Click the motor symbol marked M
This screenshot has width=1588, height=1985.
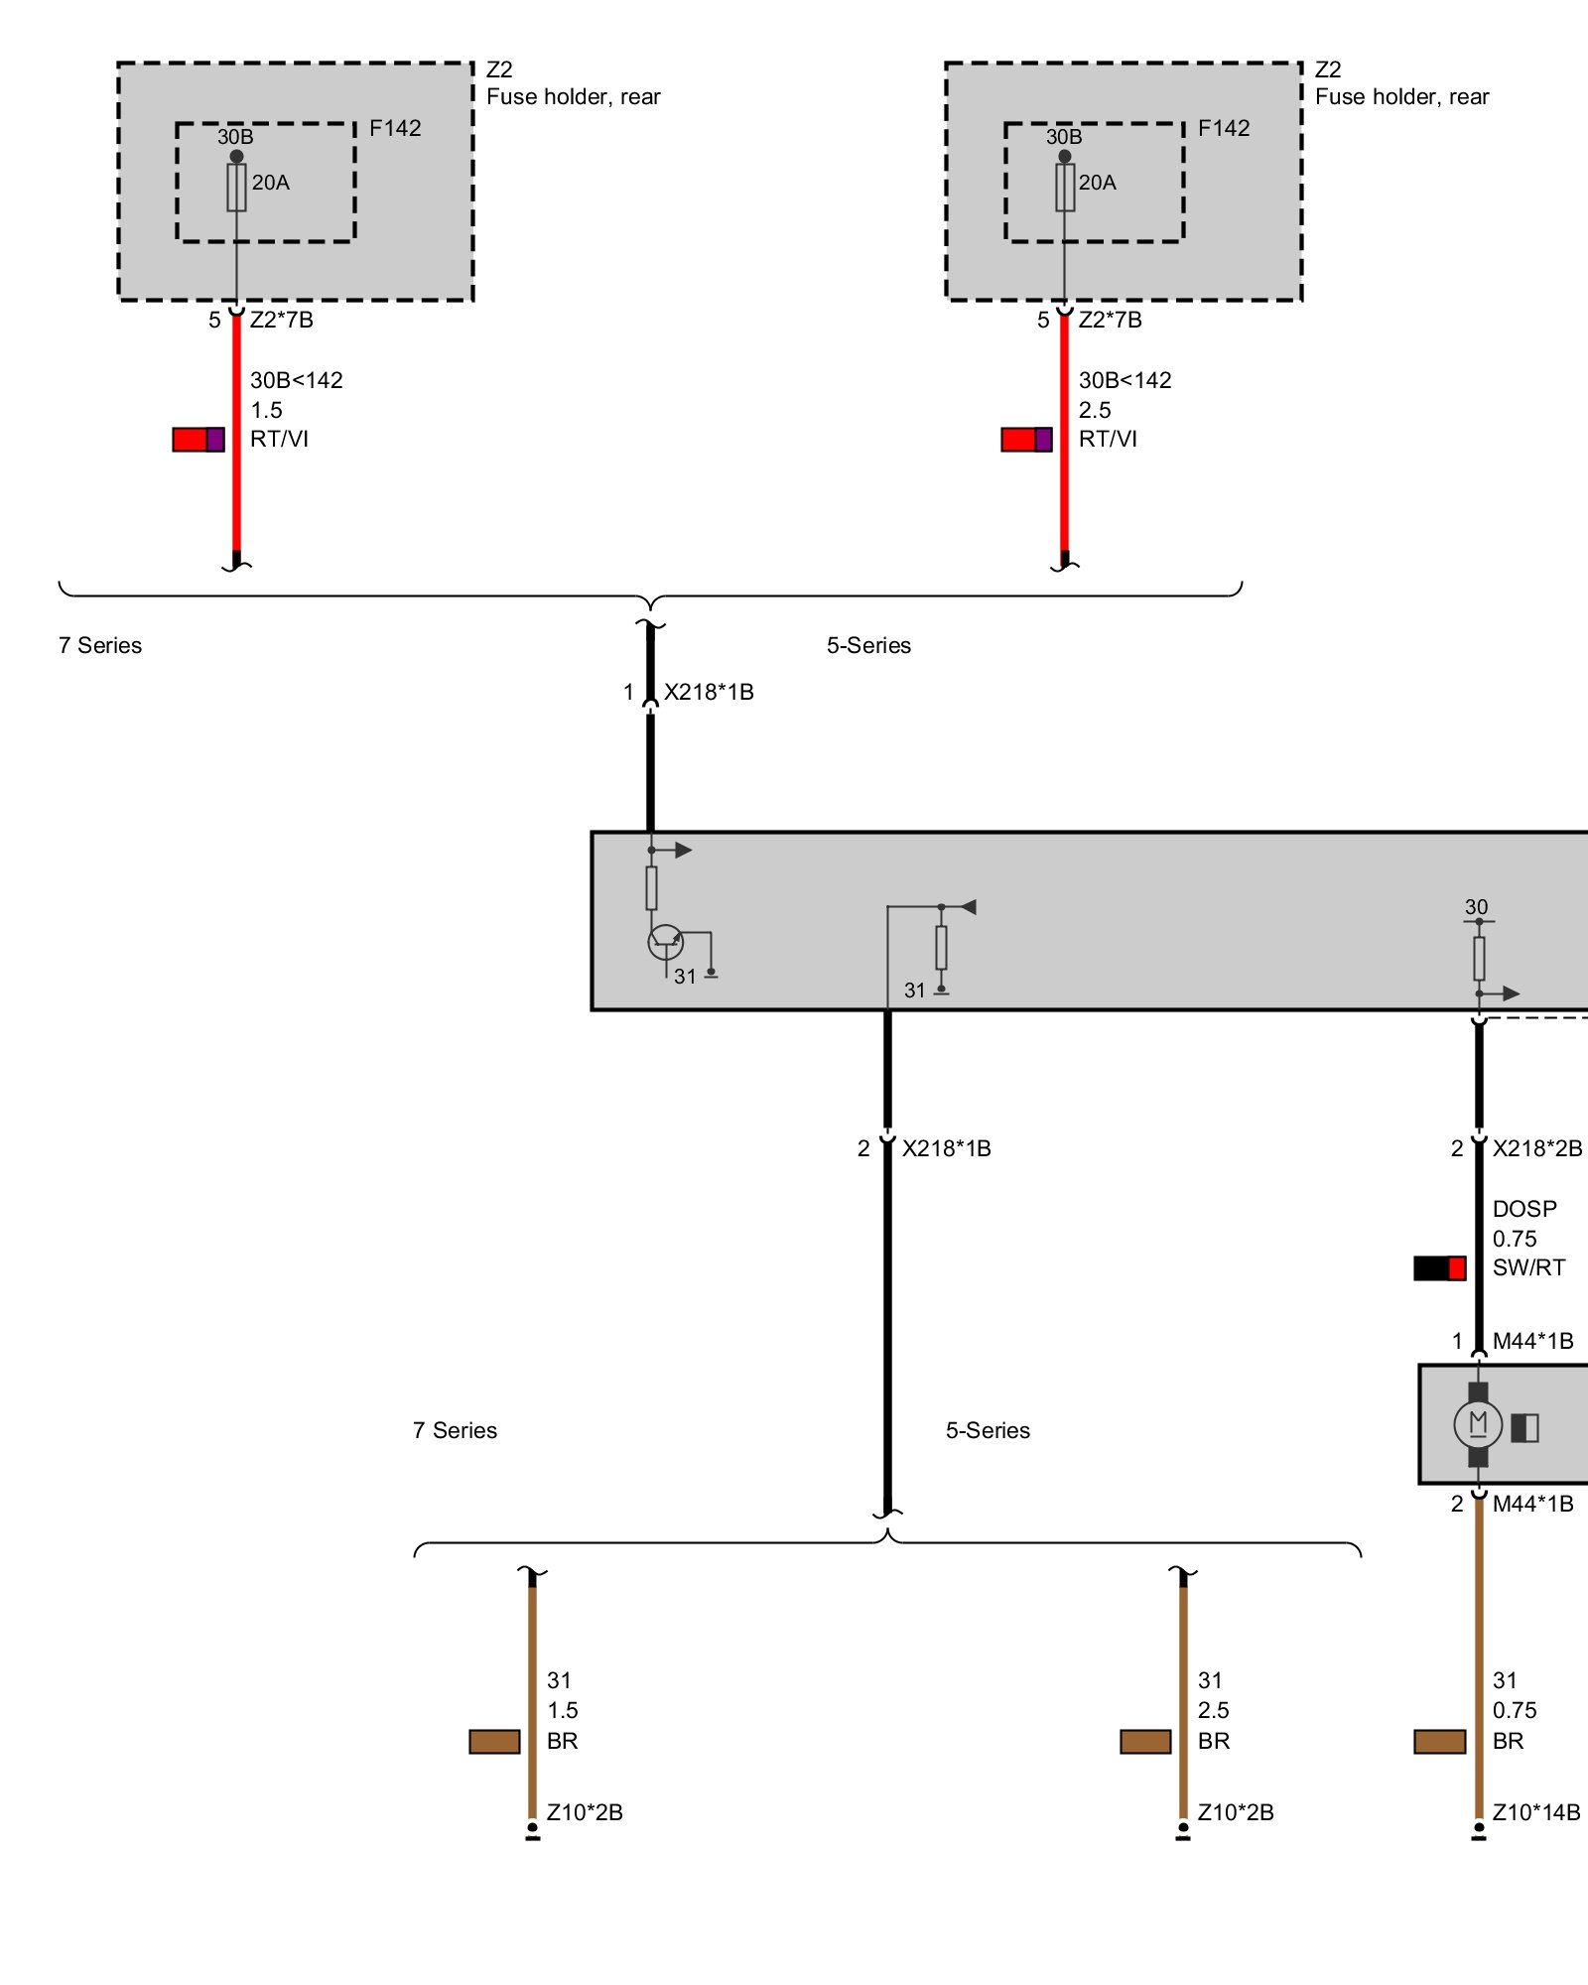[x=1478, y=1424]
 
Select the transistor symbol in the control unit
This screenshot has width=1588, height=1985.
[x=665, y=942]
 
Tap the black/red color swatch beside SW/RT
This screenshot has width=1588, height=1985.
[x=1440, y=1267]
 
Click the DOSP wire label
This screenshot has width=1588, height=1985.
[x=1524, y=1209]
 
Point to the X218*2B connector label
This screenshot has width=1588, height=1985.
[x=1537, y=1148]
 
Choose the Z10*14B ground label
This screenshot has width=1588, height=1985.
[x=1536, y=1812]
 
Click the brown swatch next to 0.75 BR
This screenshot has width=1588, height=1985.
[x=1440, y=1741]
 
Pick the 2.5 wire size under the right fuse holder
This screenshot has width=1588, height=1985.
[x=1095, y=410]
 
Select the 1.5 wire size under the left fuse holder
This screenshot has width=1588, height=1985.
[x=266, y=410]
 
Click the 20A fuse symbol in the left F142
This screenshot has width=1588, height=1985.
[x=236, y=187]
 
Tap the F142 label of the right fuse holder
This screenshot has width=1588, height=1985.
[x=1224, y=128]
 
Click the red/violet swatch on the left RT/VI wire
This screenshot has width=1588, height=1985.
[x=198, y=440]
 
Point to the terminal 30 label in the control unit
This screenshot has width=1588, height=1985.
[x=1477, y=907]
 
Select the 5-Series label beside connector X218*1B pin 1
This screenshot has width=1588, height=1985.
[x=868, y=645]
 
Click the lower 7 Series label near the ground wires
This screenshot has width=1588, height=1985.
[x=455, y=1430]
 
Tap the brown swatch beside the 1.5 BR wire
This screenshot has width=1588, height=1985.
[x=494, y=1741]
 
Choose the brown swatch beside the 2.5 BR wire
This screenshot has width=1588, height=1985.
[x=1145, y=1741]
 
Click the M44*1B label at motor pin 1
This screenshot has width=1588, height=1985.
[x=1533, y=1341]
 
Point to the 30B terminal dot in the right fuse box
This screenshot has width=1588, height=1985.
[x=1065, y=157]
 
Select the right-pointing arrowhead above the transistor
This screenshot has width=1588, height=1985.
[x=684, y=850]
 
